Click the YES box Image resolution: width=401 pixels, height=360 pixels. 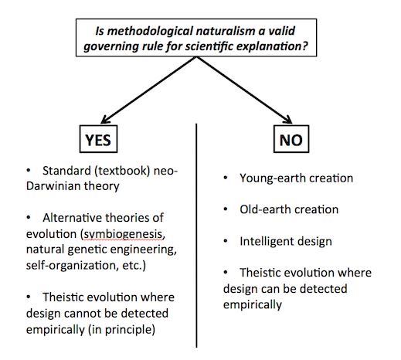point(98,139)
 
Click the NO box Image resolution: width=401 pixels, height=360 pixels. point(291,139)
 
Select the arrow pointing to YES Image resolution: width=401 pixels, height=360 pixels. point(148,90)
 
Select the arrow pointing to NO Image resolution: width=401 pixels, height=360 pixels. point(244,90)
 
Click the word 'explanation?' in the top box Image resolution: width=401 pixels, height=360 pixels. point(272,46)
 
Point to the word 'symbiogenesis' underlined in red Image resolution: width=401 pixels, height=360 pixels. point(123,234)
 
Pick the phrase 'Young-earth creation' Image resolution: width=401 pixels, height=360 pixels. point(296,178)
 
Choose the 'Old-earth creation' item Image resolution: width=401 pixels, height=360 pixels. point(289,209)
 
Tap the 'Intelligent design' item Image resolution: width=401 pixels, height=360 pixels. point(286,242)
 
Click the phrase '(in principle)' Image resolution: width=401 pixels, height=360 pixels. point(121,330)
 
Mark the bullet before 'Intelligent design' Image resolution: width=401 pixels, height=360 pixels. point(226,241)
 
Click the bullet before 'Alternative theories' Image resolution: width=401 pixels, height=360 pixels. point(29,218)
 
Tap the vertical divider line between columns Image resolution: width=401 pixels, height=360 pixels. point(196,236)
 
